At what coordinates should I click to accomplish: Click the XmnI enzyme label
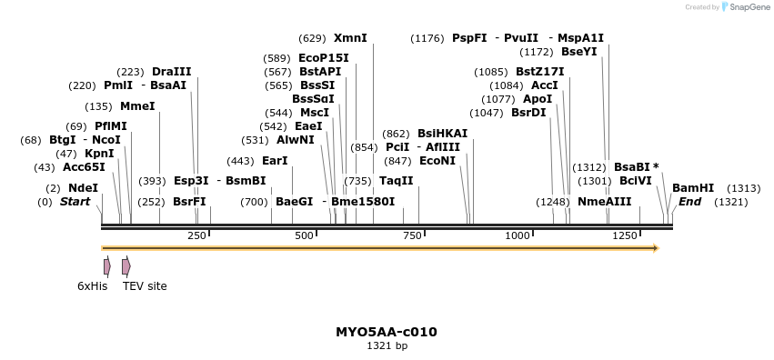coord(350,38)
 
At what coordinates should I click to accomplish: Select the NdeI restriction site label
coord(83,187)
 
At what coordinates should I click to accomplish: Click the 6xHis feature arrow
coord(106,266)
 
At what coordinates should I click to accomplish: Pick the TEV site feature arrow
coord(126,266)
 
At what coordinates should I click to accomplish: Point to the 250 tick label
coord(196,236)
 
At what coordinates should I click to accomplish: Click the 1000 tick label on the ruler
coord(518,236)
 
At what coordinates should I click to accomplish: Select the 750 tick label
coord(411,236)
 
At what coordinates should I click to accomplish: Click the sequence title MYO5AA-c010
coord(387,332)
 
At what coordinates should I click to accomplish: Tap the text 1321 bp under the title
coord(387,345)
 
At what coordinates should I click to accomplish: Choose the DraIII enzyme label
coord(172,72)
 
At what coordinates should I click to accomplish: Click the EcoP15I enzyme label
coord(323,58)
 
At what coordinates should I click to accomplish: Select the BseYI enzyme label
coord(578,52)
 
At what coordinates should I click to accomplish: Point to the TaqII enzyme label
coord(396,181)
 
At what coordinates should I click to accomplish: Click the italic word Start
coord(75,201)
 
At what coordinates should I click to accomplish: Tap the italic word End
coord(689,201)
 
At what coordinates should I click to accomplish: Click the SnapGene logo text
coord(747,7)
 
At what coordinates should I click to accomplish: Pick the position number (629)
coord(312,38)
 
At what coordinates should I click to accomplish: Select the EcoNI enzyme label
coord(437,160)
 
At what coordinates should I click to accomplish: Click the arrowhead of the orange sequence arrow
coord(654,247)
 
